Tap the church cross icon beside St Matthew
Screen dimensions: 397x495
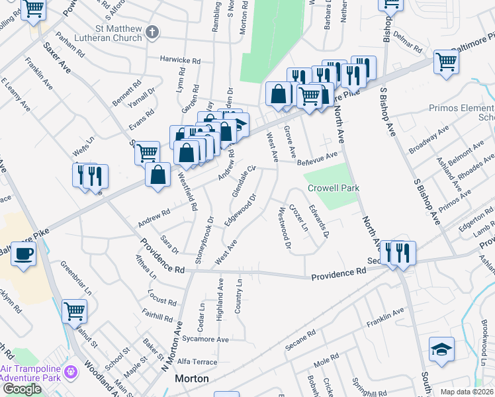[153, 32]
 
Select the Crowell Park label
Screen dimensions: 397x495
[334, 188]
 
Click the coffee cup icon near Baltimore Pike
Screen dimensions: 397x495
[24, 253]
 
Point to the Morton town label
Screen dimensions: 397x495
[192, 379]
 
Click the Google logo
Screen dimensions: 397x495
[22, 389]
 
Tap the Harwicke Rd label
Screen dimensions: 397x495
[180, 60]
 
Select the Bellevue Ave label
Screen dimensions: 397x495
[317, 159]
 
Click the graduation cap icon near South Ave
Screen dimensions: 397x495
[441, 348]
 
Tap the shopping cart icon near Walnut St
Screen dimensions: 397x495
[75, 310]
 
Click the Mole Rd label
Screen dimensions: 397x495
[326, 361]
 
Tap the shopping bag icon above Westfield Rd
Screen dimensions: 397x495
[158, 176]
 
